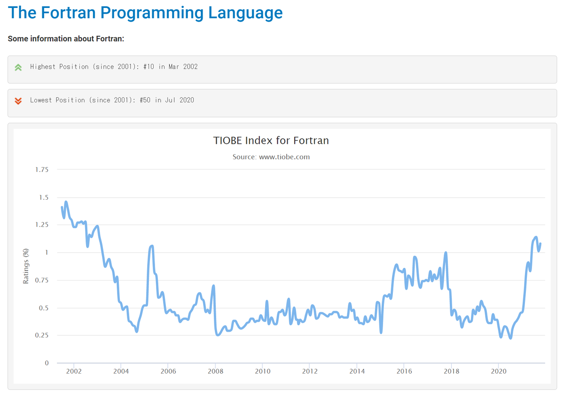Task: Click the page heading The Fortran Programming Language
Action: [145, 13]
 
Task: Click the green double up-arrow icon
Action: [18, 67]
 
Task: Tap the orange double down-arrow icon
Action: [18, 101]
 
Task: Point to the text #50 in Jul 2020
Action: [167, 100]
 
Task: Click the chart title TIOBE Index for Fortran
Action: [271, 141]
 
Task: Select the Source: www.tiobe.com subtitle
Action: [271, 157]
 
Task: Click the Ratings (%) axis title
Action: [26, 266]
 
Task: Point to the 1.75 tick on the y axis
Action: [42, 170]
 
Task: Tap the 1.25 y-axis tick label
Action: [42, 225]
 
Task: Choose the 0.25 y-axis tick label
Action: [42, 336]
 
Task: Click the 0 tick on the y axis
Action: [47, 363]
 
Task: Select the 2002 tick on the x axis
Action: [74, 371]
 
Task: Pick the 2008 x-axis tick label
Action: [215, 371]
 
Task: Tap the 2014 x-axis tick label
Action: [357, 371]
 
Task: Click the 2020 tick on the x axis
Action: [498, 371]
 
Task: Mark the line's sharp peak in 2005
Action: [151, 246]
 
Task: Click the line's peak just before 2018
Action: [446, 253]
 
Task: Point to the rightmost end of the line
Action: [540, 243]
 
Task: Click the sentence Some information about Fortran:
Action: [66, 39]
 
